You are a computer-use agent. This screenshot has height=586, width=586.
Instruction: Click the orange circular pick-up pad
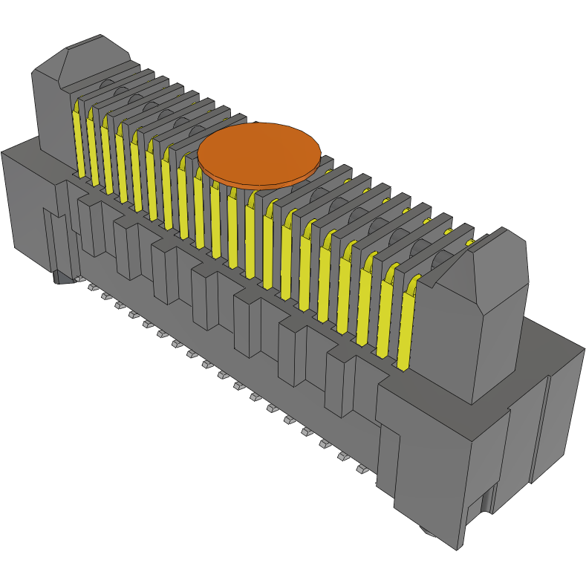[258, 153]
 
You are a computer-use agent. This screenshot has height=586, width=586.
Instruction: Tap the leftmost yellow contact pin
[77, 141]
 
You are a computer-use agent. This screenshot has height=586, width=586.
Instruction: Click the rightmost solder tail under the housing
[362, 469]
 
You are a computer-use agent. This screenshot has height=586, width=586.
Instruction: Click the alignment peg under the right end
[428, 530]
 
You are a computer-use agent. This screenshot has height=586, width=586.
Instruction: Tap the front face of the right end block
[431, 475]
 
